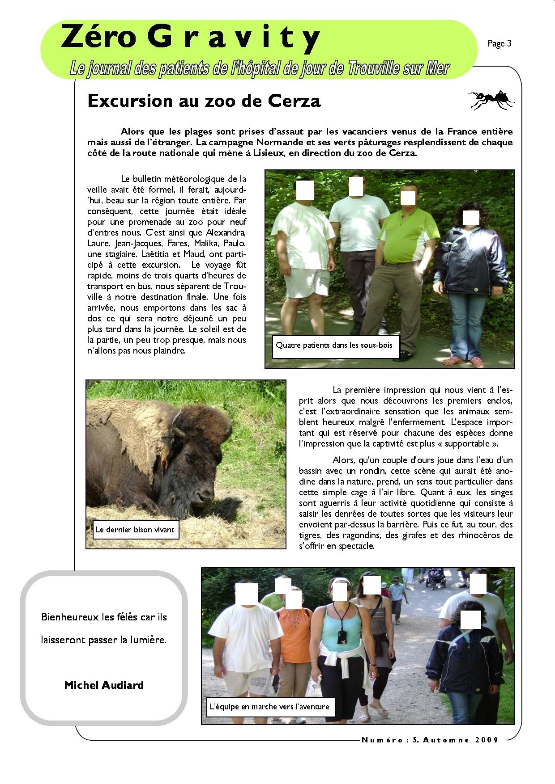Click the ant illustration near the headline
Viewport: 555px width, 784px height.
tap(491, 99)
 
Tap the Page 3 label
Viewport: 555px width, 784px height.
tap(499, 43)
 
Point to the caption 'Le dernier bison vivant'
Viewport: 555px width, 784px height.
tap(135, 530)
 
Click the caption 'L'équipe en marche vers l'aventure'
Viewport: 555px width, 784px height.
tap(269, 707)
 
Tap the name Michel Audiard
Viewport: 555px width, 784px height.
tap(104, 685)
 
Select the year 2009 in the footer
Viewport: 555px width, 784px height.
tap(487, 740)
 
